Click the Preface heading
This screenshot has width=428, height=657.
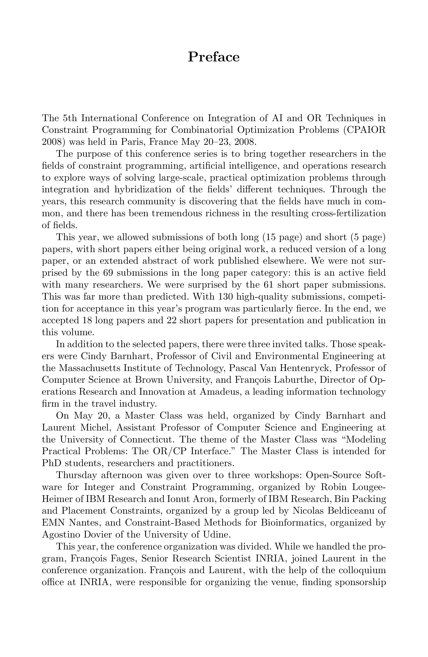pos(214,57)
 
